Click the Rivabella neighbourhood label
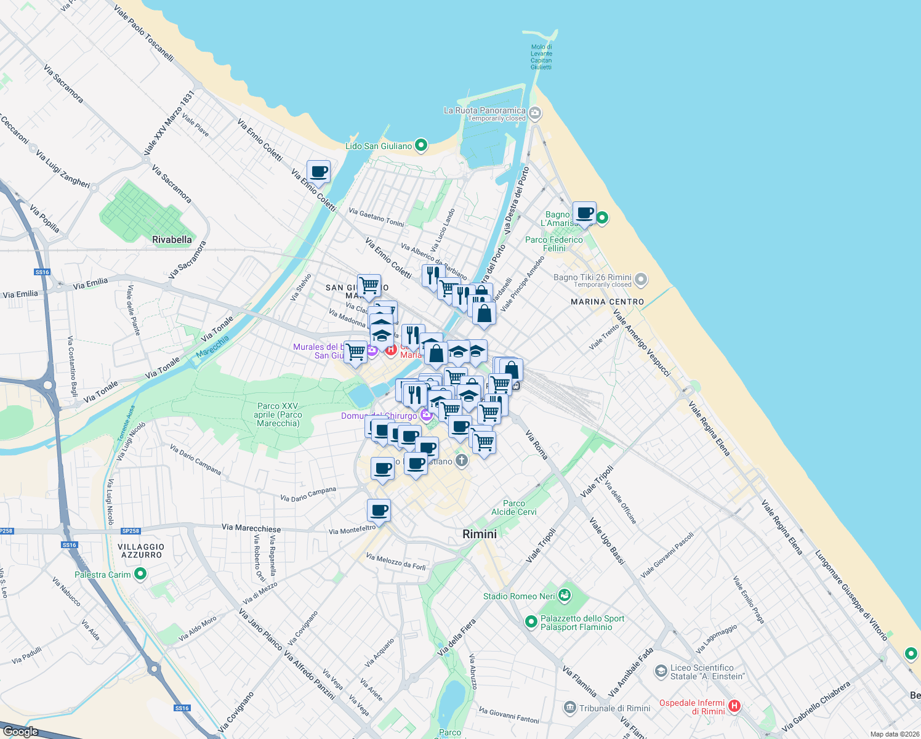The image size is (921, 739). tap(172, 240)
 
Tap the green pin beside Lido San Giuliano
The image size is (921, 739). tap(421, 145)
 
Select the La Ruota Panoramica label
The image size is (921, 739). tap(485, 110)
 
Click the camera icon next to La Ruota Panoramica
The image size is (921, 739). tap(535, 113)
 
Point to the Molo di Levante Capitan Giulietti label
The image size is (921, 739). tap(541, 57)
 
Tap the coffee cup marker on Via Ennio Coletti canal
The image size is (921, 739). tap(318, 172)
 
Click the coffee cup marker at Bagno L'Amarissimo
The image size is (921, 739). tap(584, 214)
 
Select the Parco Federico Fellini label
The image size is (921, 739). tap(554, 244)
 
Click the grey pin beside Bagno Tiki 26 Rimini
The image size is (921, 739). tap(641, 280)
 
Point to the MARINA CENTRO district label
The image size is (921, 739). tap(607, 302)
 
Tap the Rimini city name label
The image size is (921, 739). tap(480, 534)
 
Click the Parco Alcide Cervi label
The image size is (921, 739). tap(514, 507)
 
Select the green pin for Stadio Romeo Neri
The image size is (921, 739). tap(565, 596)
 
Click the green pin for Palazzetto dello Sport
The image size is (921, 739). tap(531, 623)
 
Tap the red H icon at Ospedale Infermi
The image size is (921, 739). tap(734, 706)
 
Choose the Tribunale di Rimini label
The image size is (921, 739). tap(614, 708)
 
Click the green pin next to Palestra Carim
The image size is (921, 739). tap(140, 574)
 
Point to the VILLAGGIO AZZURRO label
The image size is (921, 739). tap(142, 551)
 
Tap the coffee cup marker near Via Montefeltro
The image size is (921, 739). tap(379, 510)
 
